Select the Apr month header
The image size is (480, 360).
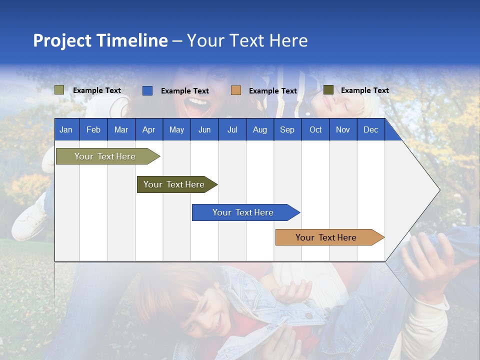pos(149,129)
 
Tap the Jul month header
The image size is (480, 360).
pos(232,129)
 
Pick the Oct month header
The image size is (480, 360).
pos(315,129)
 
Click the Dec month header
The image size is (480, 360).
pos(371,129)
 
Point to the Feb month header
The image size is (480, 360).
pos(93,129)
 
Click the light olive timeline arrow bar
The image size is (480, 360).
pos(108,156)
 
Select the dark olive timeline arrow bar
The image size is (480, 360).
pos(177,184)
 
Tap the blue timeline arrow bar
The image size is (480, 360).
pos(246,212)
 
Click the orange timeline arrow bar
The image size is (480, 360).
pos(329,237)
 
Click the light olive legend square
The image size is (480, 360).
pos(59,90)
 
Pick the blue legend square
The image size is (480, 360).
pos(147,90)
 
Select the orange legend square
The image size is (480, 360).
pos(236,90)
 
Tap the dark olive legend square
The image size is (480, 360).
pos(328,90)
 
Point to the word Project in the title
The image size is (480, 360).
pos(62,41)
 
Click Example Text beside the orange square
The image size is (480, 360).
pos(273,91)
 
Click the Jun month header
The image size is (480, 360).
pos(204,129)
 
